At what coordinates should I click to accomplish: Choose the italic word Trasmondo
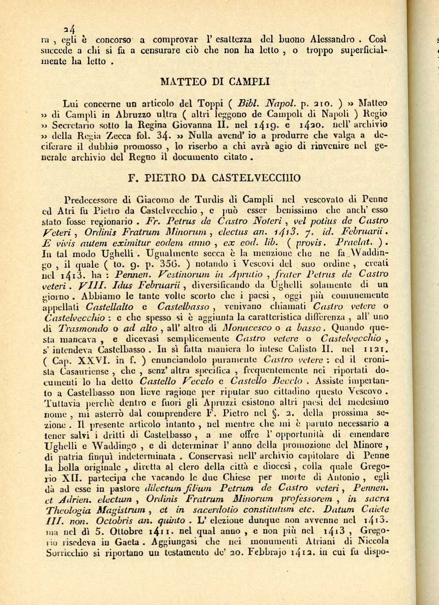(x=83, y=328)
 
